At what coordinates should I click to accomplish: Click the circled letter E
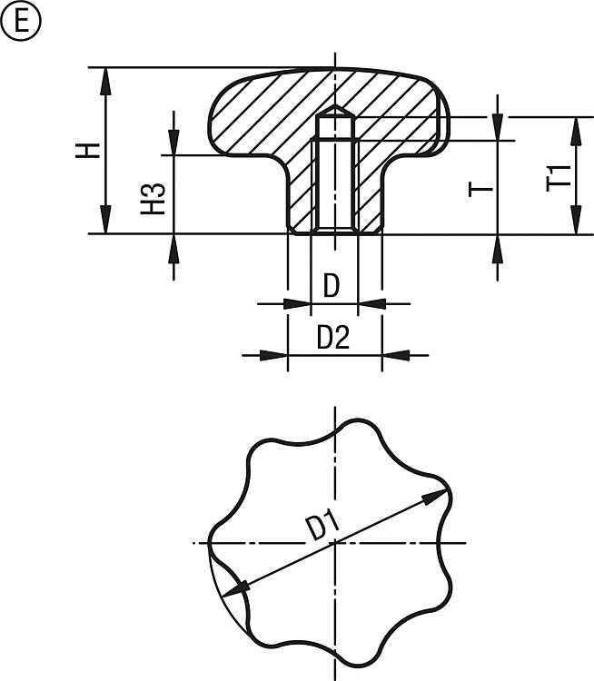(x=20, y=21)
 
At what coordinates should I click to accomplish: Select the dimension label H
(x=88, y=150)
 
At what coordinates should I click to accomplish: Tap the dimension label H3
(x=153, y=199)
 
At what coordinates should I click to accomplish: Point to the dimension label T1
(x=559, y=178)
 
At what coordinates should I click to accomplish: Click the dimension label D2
(x=333, y=338)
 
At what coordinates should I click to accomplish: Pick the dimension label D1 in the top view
(x=322, y=526)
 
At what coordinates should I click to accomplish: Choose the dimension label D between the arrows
(x=332, y=286)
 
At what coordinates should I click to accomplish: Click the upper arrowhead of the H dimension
(x=105, y=81)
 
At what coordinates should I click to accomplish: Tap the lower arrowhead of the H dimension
(x=105, y=221)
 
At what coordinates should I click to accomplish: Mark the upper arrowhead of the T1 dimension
(x=576, y=131)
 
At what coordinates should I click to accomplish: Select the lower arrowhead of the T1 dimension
(x=576, y=221)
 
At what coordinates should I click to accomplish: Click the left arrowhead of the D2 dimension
(x=273, y=355)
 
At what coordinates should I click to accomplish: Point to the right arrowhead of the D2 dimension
(x=396, y=355)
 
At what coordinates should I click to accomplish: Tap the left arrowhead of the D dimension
(x=297, y=303)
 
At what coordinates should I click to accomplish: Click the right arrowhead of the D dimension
(x=371, y=303)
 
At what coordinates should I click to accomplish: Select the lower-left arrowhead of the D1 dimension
(x=235, y=589)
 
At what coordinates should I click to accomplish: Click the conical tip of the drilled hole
(x=334, y=104)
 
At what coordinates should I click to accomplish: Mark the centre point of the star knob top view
(x=334, y=543)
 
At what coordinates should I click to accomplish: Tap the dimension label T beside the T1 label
(x=480, y=190)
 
